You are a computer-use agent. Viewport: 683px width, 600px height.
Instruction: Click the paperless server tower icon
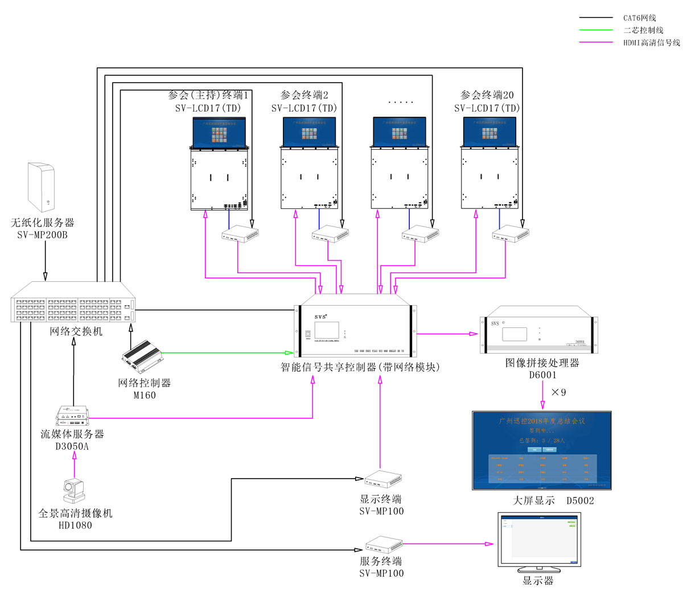coord(41,187)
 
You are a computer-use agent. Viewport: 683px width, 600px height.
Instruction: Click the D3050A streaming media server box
coord(73,415)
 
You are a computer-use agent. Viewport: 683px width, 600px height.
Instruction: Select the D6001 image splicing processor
coord(539,332)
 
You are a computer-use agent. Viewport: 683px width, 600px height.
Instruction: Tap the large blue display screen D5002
coord(542,450)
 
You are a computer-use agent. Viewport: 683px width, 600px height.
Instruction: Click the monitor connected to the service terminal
coord(539,540)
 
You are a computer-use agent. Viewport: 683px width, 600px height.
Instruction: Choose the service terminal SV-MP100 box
coord(384,544)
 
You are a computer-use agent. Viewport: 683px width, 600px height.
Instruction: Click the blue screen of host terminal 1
coord(219,132)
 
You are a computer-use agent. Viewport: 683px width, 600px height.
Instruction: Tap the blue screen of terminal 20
coord(489,132)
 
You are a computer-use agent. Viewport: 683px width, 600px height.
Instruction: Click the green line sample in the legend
coord(596,30)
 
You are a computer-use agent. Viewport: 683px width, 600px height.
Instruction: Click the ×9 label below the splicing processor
coord(558,393)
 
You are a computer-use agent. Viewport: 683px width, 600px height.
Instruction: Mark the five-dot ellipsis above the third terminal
coord(401,102)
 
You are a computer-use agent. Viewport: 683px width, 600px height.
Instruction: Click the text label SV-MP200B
coord(42,235)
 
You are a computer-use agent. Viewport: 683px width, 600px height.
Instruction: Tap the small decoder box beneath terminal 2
coord(330,233)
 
